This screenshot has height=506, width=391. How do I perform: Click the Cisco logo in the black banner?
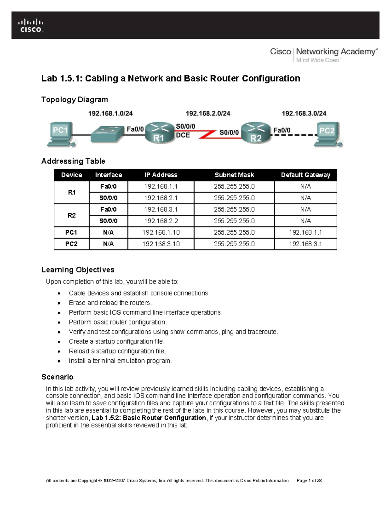tap(31, 26)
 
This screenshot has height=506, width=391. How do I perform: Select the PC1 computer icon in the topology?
tap(61, 134)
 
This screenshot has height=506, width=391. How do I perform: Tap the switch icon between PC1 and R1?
tap(107, 134)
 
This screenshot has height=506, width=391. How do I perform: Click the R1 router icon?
tap(159, 133)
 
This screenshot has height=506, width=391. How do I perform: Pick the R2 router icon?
tap(256, 133)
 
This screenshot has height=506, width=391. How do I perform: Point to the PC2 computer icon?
tap(328, 134)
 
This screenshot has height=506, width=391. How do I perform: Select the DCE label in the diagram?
tap(183, 135)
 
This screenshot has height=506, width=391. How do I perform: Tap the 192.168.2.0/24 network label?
tap(208, 113)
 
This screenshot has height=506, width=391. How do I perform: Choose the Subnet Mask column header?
tap(234, 175)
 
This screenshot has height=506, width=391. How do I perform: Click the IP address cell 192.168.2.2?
tap(161, 221)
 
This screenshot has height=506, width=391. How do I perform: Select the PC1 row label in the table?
tap(71, 232)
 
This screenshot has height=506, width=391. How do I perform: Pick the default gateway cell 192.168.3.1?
tap(305, 244)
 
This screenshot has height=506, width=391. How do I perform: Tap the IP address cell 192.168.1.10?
tap(161, 232)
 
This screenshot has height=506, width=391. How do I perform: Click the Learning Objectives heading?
tap(78, 270)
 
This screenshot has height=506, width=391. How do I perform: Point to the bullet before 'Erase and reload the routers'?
tap(59, 303)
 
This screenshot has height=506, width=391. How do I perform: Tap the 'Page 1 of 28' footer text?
tap(309, 481)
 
